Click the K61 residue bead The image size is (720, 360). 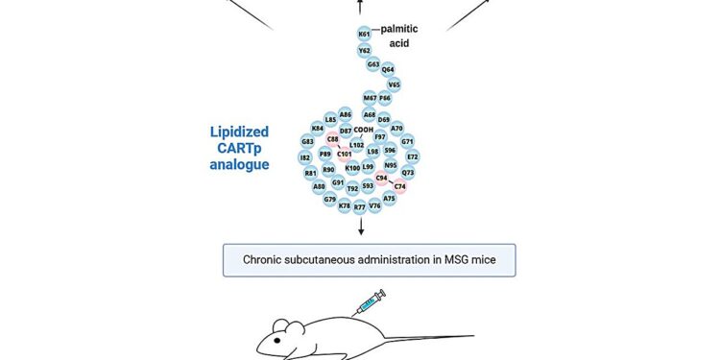(363, 34)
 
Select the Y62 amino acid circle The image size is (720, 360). (364, 50)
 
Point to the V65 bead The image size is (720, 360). (394, 84)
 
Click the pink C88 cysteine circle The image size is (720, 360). (333, 139)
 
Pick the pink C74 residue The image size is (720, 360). (400, 186)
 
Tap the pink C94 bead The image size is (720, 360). (381, 178)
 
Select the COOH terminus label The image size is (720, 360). (364, 129)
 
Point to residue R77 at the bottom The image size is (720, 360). (359, 206)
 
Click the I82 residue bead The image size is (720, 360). (305, 156)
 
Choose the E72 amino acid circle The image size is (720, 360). (413, 156)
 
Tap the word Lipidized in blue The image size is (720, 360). (239, 131)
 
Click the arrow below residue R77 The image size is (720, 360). (361, 226)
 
